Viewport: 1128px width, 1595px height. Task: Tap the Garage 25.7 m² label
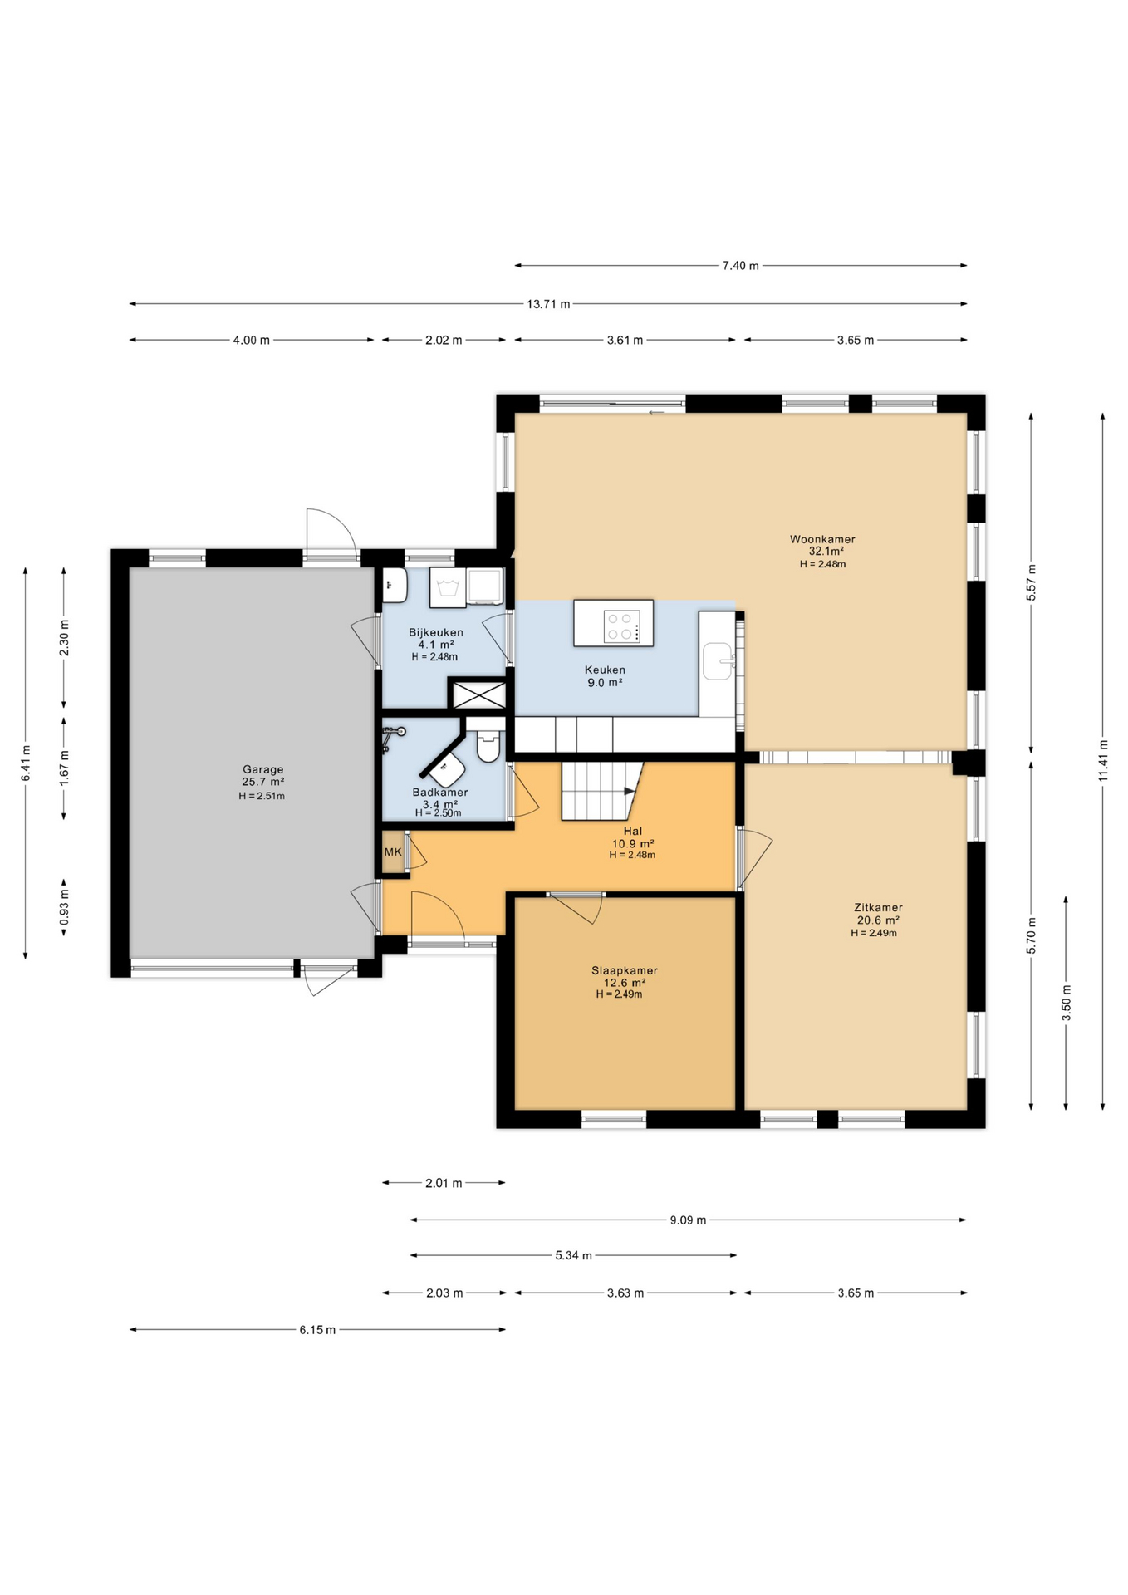[262, 781]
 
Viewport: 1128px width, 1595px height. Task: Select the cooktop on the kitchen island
[621, 626]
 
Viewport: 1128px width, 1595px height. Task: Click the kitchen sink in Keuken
[718, 661]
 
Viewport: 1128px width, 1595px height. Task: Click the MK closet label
[393, 852]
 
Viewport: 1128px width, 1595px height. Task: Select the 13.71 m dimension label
[548, 304]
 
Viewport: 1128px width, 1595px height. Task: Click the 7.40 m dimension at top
[740, 266]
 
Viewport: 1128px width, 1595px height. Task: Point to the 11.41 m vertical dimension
[1103, 760]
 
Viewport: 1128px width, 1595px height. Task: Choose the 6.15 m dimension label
[317, 1330]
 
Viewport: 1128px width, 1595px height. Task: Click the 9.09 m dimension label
[688, 1220]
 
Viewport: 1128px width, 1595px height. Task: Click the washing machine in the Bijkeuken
[448, 587]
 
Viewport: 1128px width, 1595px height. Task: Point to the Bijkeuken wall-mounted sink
[394, 585]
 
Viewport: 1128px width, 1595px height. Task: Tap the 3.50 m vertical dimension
[1067, 1003]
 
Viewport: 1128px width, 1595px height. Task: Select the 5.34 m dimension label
[573, 1255]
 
